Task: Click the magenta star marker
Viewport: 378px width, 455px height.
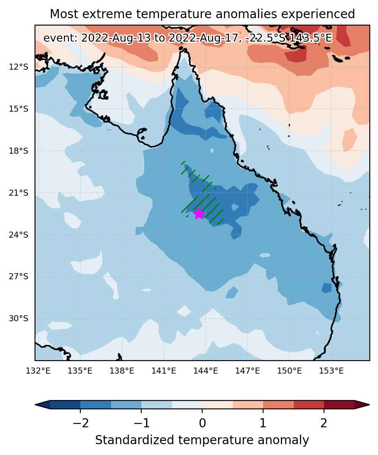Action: click(x=199, y=214)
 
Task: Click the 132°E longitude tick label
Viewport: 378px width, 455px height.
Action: click(x=38, y=371)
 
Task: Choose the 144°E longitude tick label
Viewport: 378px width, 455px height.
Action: click(x=206, y=371)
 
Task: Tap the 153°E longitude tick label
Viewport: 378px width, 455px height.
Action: click(x=331, y=371)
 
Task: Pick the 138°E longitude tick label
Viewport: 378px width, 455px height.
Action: click(x=122, y=371)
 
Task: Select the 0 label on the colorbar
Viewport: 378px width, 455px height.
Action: click(x=202, y=423)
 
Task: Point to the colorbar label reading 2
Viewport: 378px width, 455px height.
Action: click(x=324, y=423)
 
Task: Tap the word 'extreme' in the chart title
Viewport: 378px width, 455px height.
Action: click(x=106, y=14)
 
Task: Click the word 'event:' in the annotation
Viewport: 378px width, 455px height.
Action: click(x=60, y=38)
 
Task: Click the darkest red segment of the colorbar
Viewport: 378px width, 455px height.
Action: click(x=339, y=404)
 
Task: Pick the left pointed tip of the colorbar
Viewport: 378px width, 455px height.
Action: click(x=35, y=404)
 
